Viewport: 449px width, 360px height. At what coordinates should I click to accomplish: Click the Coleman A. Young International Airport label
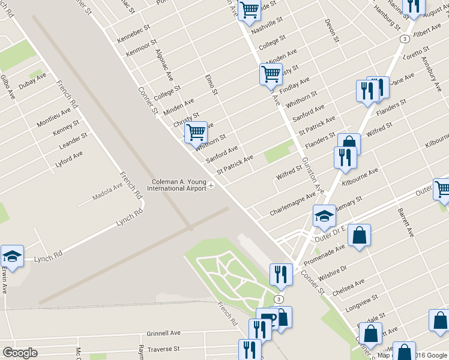point(178,185)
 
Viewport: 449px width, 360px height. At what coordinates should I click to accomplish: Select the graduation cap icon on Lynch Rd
point(12,256)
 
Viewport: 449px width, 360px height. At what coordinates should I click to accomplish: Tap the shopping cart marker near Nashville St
point(249,10)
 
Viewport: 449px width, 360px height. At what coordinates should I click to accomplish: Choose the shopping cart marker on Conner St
point(196,133)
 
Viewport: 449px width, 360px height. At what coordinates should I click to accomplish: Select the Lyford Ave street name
point(69,159)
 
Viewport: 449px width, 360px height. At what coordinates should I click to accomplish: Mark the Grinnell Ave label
point(163,333)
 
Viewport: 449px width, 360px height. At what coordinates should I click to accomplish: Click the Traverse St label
point(164,349)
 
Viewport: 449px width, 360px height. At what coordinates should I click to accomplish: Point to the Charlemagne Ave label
point(292,204)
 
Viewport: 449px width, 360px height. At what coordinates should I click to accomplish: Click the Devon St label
point(332,31)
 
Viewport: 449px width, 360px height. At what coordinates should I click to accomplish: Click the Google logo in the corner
point(20,353)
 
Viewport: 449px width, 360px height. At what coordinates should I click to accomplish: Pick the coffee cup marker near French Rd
point(267,317)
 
